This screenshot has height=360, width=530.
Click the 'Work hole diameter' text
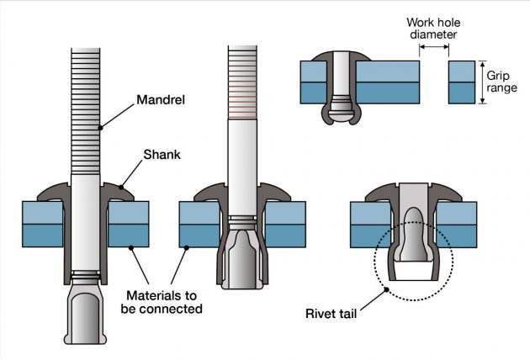click(x=435, y=29)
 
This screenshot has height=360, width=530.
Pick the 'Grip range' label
click(x=502, y=81)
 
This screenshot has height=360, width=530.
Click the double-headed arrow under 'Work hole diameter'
click(x=434, y=50)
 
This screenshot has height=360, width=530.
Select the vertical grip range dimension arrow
click(x=481, y=82)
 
